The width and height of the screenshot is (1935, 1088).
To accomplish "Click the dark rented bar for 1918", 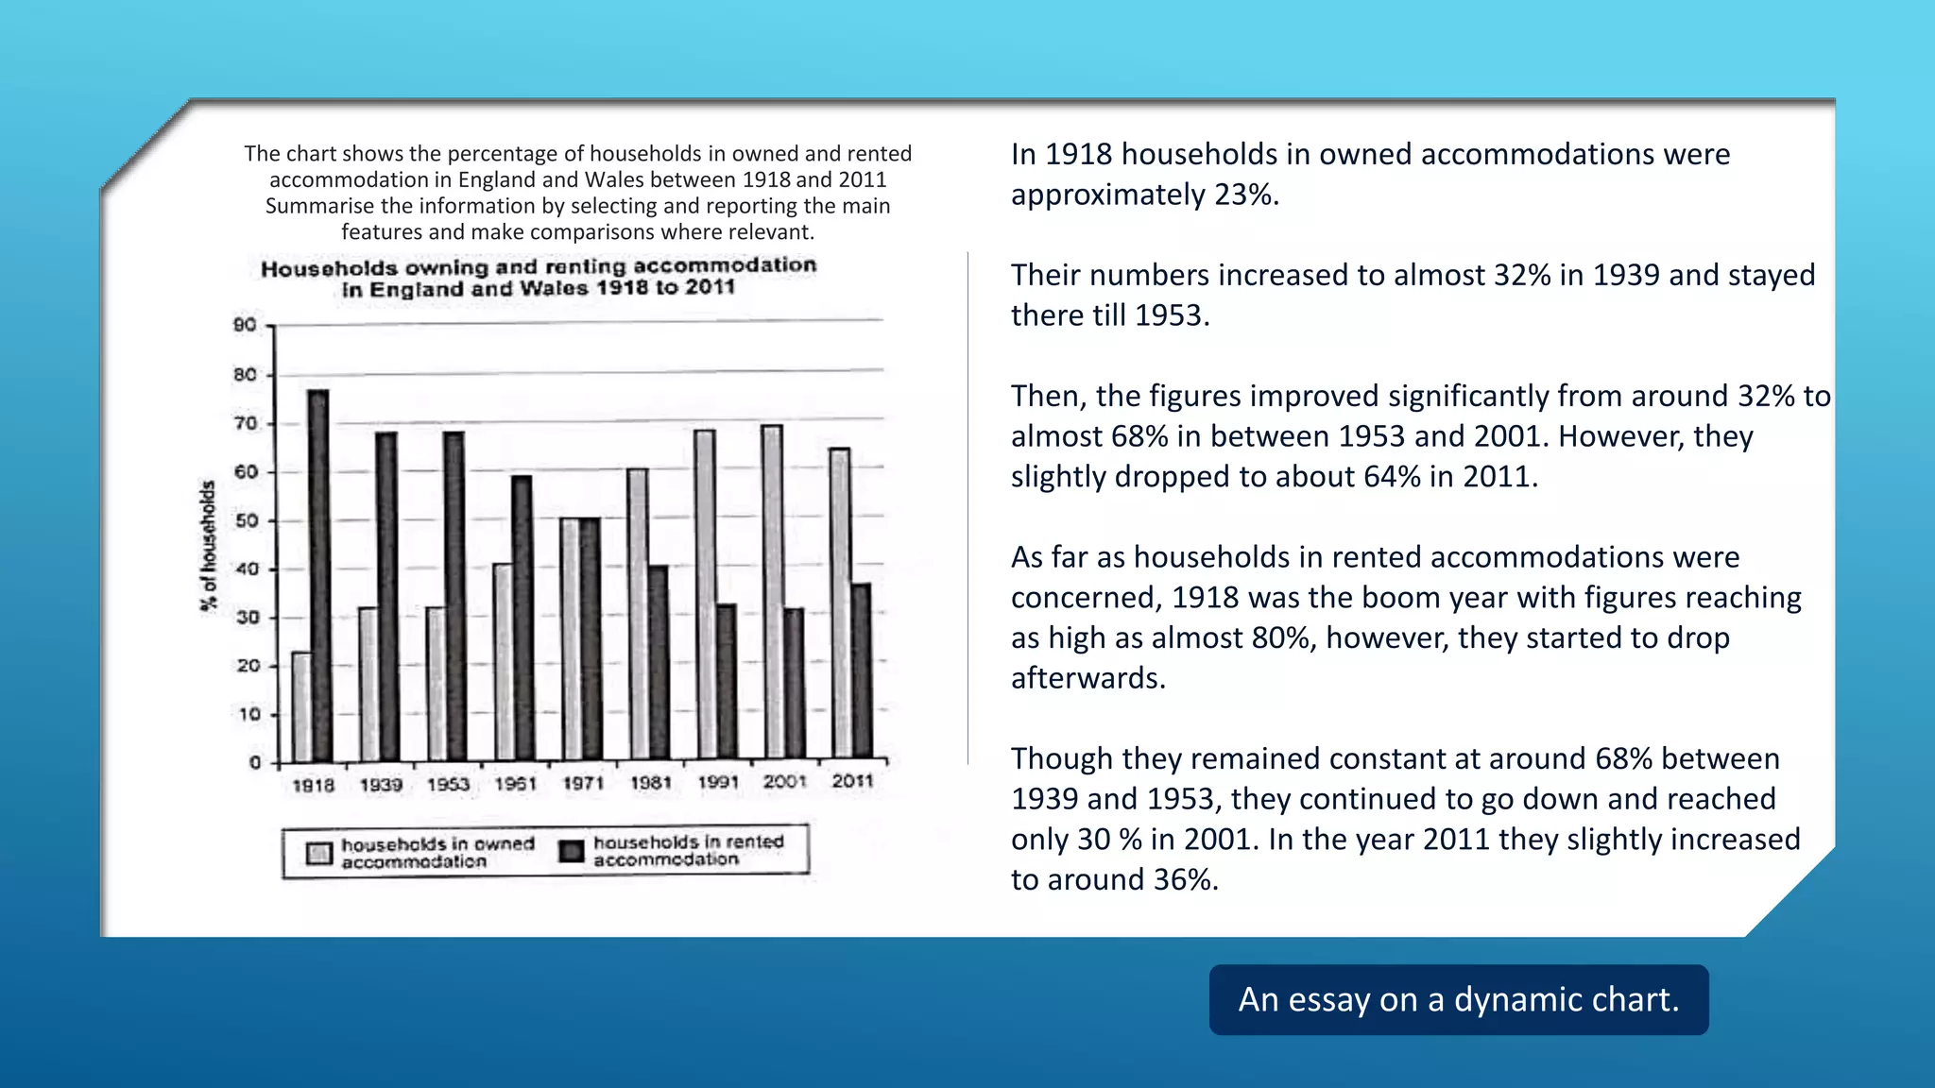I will (x=319, y=576).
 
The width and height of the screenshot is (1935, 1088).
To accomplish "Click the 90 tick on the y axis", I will (x=245, y=325).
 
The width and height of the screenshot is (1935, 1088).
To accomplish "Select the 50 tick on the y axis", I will (x=246, y=520).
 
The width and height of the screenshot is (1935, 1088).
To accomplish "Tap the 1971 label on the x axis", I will (x=583, y=784).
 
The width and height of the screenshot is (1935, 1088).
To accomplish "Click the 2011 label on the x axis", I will (x=852, y=781).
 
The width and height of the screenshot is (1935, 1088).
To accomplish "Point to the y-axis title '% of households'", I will (x=208, y=546).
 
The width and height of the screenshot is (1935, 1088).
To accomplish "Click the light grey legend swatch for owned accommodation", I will (x=319, y=853).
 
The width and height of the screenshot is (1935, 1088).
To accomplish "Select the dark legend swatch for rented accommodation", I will (x=572, y=851).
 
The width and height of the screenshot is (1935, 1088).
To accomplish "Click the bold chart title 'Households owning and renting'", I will (x=539, y=267).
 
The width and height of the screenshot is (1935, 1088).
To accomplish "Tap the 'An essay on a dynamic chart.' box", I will (x=1459, y=999).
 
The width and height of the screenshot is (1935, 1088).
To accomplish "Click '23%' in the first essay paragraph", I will (x=1246, y=195).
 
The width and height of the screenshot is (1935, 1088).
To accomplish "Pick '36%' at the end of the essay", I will (x=1186, y=879).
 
